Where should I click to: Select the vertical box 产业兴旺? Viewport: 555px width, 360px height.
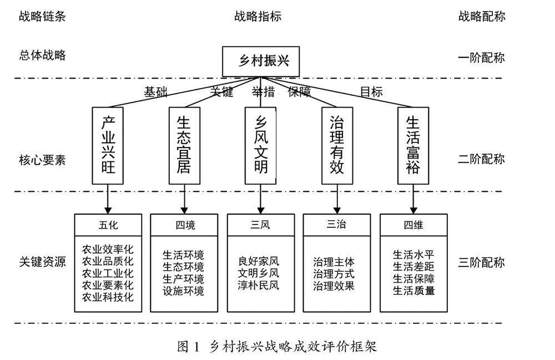108,145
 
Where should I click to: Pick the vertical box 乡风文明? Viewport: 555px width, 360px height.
261,145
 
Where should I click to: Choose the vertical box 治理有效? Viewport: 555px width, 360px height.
337,145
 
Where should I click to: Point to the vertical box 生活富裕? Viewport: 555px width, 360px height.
413,145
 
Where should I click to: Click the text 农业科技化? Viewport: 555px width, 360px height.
108,297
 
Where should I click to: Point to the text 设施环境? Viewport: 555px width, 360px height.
183,291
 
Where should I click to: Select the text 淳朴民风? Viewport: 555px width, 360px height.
259,286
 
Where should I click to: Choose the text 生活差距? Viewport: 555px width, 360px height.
413,267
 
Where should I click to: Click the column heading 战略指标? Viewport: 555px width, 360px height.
258,16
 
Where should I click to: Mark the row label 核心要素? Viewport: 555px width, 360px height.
42,160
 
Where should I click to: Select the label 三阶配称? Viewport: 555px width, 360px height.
482,262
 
